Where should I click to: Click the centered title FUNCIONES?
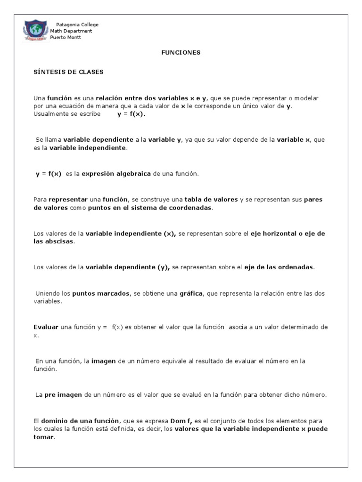(181, 53)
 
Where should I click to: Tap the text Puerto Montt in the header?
(66, 38)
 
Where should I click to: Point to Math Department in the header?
(71, 31)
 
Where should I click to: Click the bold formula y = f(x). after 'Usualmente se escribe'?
(132, 114)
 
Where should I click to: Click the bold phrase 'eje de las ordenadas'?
(278, 267)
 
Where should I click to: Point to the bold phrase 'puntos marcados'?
(101, 293)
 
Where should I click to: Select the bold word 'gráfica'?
(191, 293)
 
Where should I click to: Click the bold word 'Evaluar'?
(46, 327)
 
